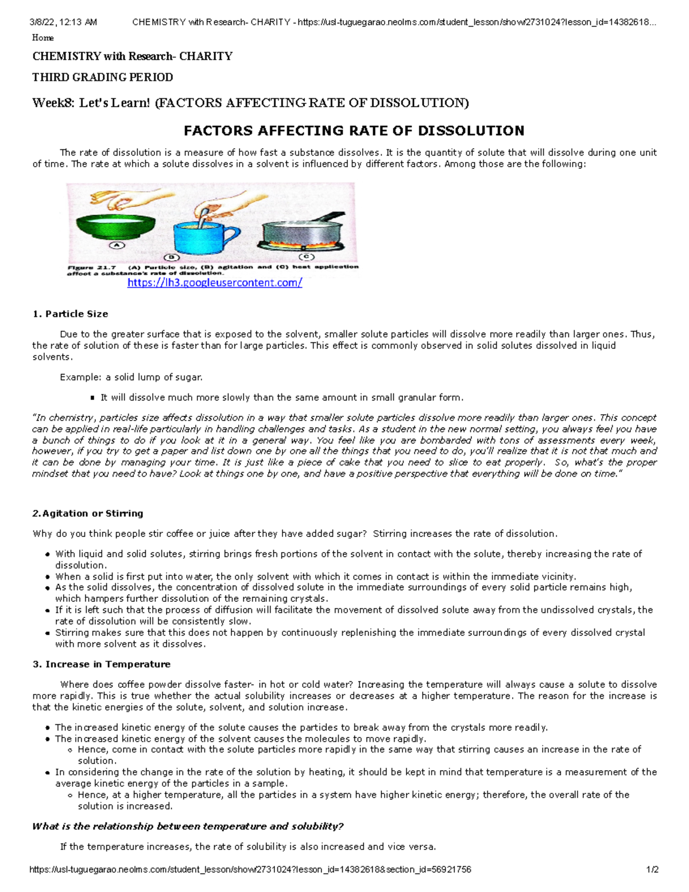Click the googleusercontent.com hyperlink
[214, 283]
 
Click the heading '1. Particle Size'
[70, 314]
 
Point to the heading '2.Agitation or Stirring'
[88, 513]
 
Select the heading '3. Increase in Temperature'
[102, 665]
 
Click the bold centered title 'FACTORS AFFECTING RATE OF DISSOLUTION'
[354, 131]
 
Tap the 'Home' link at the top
[43, 38]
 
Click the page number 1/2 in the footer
[652, 870]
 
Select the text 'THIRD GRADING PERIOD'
[103, 77]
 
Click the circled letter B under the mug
[171, 257]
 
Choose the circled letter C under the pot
[305, 257]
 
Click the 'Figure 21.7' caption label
[92, 267]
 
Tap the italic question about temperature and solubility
[188, 827]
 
